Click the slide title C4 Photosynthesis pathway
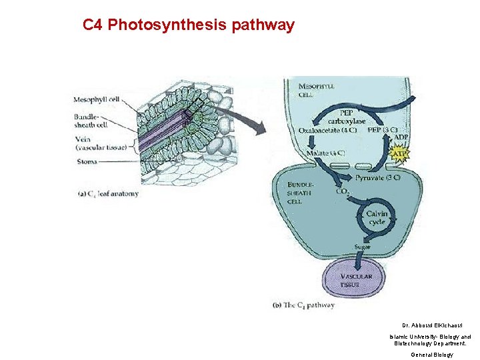[x=188, y=25]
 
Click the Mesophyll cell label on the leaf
[x=97, y=100]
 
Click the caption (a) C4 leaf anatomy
[x=109, y=194]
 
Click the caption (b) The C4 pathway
[x=304, y=305]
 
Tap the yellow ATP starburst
[x=400, y=155]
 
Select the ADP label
[x=401, y=137]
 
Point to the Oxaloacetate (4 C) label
[x=327, y=130]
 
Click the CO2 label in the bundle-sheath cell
[x=342, y=192]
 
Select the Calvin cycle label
[x=377, y=217]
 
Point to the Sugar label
[x=363, y=247]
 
